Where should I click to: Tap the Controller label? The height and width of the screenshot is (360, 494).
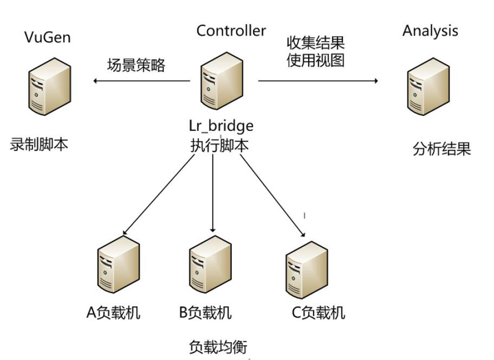(x=231, y=30)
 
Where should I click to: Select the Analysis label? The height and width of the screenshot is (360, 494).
(x=430, y=30)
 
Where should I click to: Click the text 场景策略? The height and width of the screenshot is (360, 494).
(x=137, y=66)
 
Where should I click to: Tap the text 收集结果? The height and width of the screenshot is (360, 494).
(x=315, y=43)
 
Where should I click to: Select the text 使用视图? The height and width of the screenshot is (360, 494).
(x=315, y=60)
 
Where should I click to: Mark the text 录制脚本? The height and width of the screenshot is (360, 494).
(x=40, y=145)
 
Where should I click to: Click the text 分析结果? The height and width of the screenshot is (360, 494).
(x=442, y=149)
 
